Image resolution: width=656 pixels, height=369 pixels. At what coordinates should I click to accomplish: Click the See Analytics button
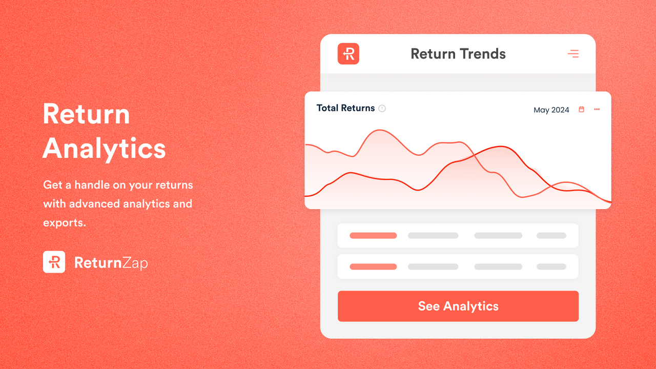pyautogui.click(x=458, y=306)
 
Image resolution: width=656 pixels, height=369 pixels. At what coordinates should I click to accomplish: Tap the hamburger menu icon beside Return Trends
pyautogui.click(x=573, y=54)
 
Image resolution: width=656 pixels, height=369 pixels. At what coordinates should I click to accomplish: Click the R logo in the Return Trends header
pyautogui.click(x=348, y=54)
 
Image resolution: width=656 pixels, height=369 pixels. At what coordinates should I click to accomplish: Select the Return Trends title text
pyautogui.click(x=458, y=54)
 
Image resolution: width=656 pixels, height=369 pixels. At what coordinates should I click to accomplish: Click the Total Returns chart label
pyautogui.click(x=345, y=108)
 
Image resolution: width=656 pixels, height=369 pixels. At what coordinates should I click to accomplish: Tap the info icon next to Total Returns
pyautogui.click(x=382, y=109)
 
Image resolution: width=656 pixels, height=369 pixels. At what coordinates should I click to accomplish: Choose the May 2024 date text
pyautogui.click(x=551, y=110)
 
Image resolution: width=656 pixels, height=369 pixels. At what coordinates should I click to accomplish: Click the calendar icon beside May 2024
pyautogui.click(x=581, y=109)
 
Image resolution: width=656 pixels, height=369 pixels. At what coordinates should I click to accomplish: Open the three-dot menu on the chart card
pyautogui.click(x=597, y=109)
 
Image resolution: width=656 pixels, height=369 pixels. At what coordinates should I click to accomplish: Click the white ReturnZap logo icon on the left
pyautogui.click(x=54, y=262)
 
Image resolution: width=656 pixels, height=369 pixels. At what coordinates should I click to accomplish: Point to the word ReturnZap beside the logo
pyautogui.click(x=111, y=263)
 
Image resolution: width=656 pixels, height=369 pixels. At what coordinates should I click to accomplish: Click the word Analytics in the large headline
pyautogui.click(x=104, y=148)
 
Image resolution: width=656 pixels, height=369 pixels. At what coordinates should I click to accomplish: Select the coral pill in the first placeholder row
pyautogui.click(x=373, y=236)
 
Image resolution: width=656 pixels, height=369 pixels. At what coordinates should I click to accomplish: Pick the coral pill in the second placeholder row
pyautogui.click(x=373, y=266)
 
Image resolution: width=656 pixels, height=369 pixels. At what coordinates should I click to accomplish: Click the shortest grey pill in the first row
pyautogui.click(x=551, y=236)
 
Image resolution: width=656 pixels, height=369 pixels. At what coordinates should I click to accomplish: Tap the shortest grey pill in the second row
pyautogui.click(x=551, y=266)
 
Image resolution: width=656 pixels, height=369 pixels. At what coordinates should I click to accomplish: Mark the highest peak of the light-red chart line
pyautogui.click(x=380, y=130)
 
